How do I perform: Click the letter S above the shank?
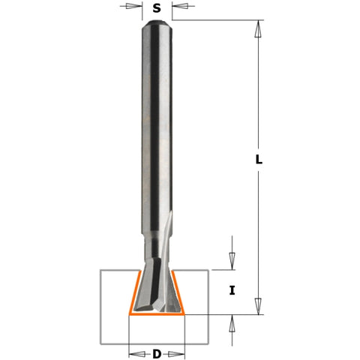(x=157, y=9)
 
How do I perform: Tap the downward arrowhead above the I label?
(x=232, y=262)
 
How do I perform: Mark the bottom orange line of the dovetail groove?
(x=157, y=316)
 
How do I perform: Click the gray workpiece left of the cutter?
(x=112, y=300)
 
